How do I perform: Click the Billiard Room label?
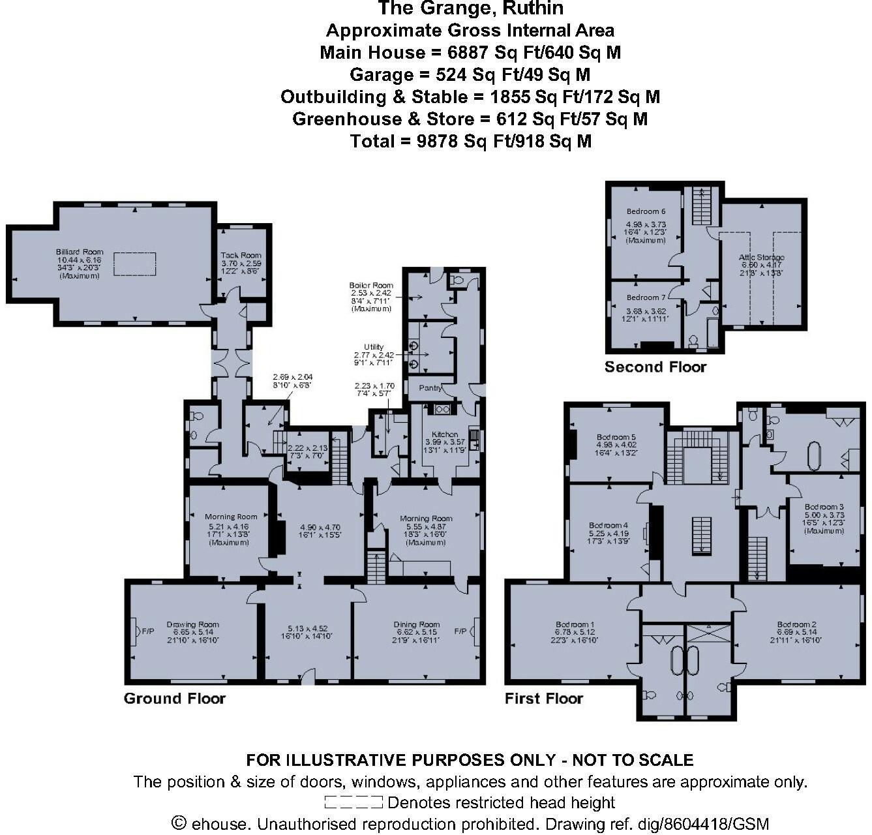80,252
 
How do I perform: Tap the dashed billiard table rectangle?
135,264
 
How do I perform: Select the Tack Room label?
241,255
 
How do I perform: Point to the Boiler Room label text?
371,285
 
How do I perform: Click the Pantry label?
430,387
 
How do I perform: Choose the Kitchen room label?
445,434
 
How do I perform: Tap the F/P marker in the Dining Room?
460,631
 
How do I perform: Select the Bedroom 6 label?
646,211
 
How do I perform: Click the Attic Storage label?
761,258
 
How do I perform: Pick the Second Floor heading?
655,367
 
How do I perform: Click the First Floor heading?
543,699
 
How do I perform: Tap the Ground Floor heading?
174,699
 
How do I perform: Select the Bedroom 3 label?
824,507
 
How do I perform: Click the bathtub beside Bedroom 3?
814,456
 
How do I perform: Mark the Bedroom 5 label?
616,437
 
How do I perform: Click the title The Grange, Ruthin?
470,8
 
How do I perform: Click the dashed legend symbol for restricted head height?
353,802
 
